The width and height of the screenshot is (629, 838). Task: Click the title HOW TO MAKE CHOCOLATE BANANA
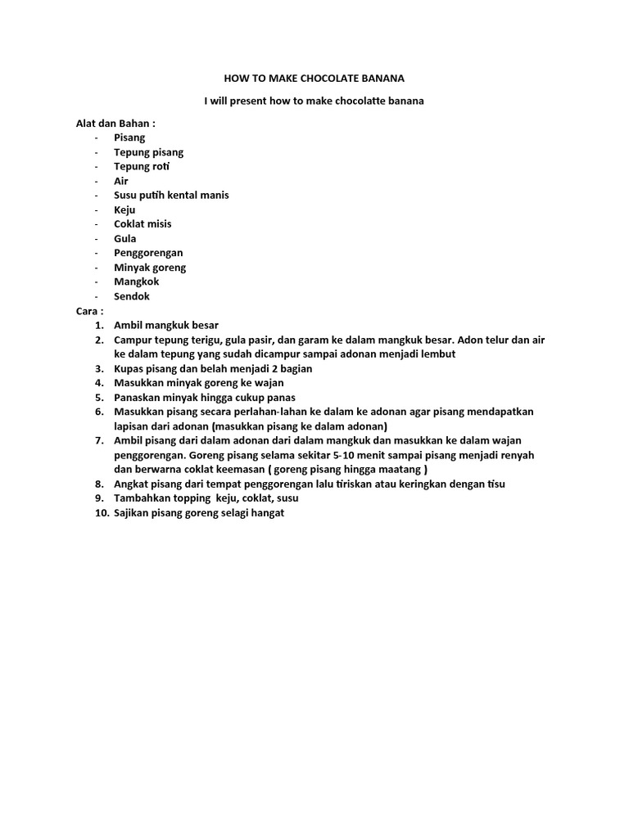314,79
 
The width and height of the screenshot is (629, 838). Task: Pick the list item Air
121,181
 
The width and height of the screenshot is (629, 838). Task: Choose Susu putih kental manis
171,195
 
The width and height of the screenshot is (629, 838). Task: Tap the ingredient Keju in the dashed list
124,209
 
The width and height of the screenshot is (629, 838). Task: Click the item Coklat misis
143,223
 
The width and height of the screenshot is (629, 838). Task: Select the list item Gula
125,238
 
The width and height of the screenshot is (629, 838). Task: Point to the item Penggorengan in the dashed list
148,253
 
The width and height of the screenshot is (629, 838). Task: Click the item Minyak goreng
150,268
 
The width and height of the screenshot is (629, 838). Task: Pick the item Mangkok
137,282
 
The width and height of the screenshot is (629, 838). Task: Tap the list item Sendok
132,296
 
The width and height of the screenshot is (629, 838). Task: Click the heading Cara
88,311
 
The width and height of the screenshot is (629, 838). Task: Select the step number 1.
100,326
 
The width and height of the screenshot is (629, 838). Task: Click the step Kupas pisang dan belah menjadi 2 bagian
213,368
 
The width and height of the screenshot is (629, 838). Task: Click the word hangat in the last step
265,513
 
